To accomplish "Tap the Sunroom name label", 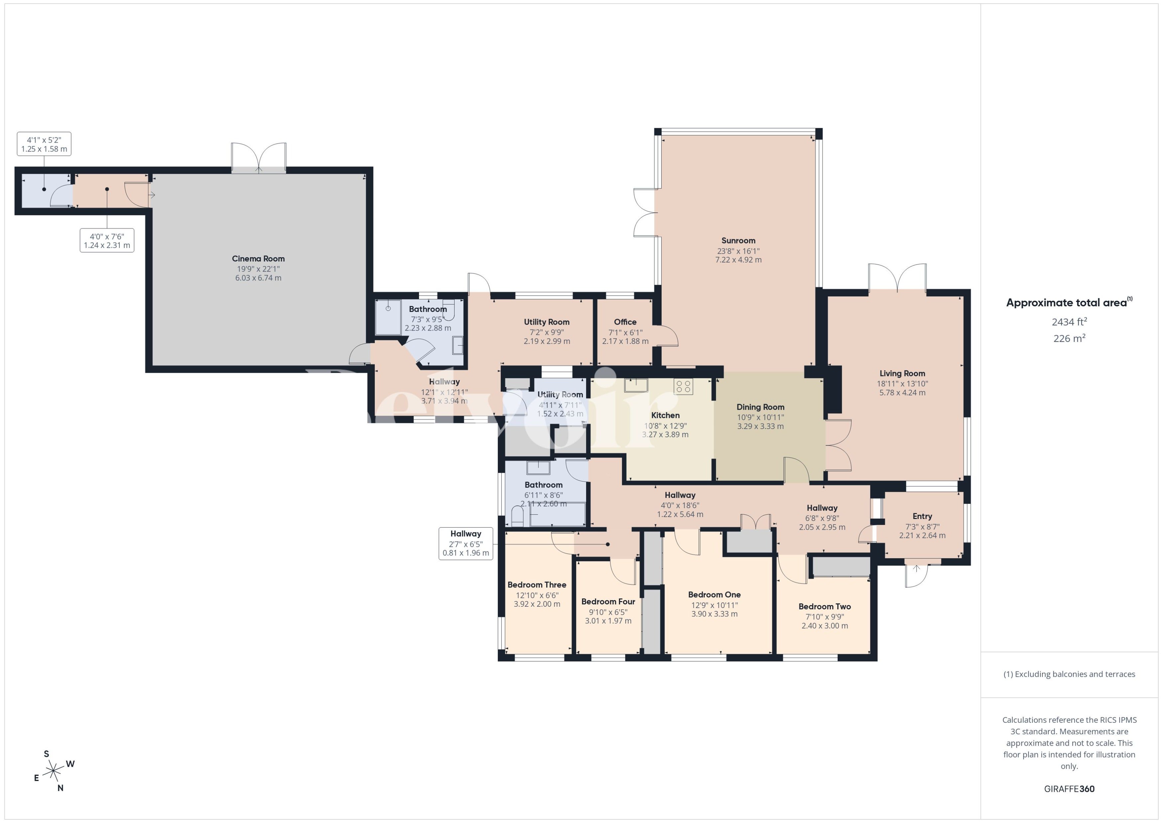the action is point(738,241).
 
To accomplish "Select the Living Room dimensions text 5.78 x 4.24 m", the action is point(902,392).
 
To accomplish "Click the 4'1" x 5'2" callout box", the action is point(44,144).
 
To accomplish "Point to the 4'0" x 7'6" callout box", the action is point(107,240).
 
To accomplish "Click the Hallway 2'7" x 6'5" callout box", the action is point(466,543).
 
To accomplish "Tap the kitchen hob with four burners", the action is point(683,387).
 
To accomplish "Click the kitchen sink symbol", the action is point(635,385).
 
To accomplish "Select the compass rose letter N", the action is point(60,788).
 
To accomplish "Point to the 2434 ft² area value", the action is point(1069,322).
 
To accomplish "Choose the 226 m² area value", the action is point(1069,338).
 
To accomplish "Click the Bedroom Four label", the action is point(608,601).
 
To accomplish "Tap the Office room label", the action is point(625,322).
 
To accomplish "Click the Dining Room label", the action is point(760,407).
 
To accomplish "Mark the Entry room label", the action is point(922,516).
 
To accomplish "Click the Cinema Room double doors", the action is point(259,158).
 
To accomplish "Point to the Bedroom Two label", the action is point(824,607).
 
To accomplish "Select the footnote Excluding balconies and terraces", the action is point(1069,674).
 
